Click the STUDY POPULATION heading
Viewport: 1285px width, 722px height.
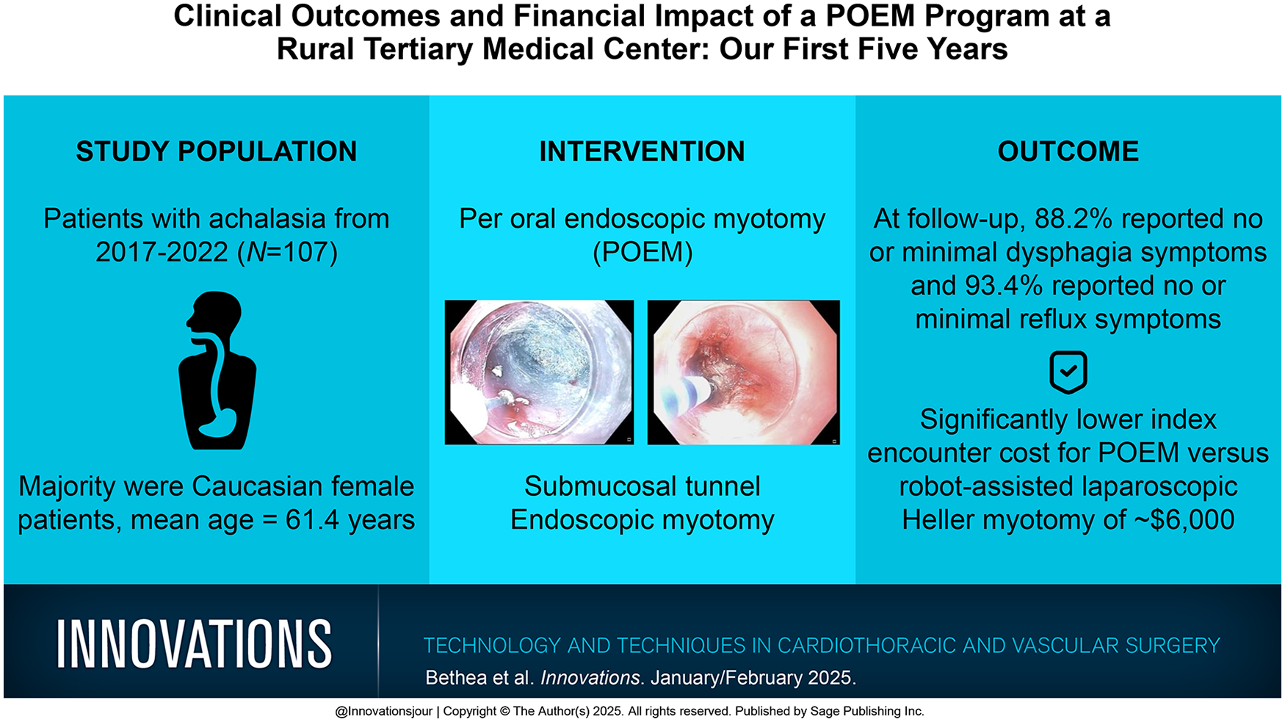(217, 151)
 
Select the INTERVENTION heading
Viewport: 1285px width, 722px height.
(642, 151)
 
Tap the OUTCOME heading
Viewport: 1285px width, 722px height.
(1068, 151)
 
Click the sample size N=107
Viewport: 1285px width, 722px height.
(290, 252)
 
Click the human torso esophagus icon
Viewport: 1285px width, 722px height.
(217, 370)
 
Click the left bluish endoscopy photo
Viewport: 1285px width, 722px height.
(539, 372)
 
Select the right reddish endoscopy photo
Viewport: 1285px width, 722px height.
(743, 372)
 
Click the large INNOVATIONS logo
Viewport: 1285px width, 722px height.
(195, 643)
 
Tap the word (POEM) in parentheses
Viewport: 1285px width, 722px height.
(642, 252)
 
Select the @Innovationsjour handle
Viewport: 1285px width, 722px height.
(383, 711)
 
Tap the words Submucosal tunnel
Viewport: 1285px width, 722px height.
(642, 486)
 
